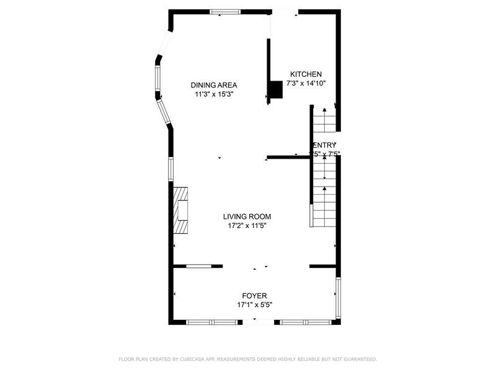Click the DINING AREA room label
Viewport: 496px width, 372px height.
coord(214,85)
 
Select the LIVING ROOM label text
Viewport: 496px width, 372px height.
coord(247,216)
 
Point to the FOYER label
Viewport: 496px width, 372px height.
coord(254,296)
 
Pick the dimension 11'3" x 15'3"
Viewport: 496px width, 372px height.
coord(214,95)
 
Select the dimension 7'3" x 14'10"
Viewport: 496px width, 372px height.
coord(306,83)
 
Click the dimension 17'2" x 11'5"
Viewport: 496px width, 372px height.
coord(247,226)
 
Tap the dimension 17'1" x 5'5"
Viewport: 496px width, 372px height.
coord(254,305)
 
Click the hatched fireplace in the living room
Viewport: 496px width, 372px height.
coord(180,210)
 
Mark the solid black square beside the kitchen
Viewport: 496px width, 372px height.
coord(275,90)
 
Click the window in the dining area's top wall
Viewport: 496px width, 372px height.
coord(224,11)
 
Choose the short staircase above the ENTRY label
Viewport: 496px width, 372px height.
coord(324,120)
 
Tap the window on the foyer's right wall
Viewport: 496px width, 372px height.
coord(338,298)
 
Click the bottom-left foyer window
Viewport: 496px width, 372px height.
coord(212,322)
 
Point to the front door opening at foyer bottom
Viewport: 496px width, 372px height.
coord(258,322)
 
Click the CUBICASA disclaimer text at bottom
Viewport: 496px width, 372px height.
coord(247,359)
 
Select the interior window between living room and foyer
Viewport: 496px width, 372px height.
coord(199,266)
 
